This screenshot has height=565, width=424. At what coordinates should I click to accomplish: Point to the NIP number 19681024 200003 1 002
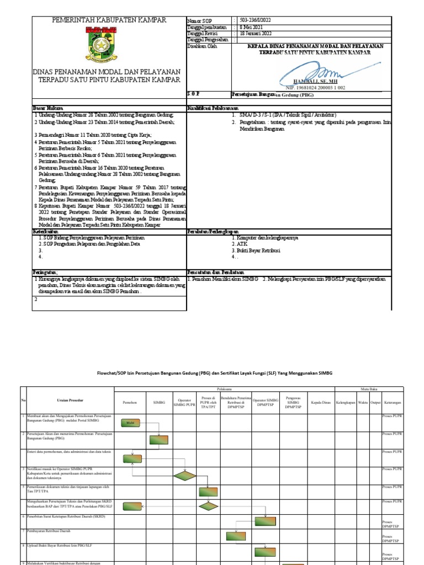pos(315,88)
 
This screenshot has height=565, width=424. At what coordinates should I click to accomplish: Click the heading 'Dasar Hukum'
pos(48,108)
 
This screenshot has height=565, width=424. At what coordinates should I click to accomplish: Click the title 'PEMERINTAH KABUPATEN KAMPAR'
pos(109,20)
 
